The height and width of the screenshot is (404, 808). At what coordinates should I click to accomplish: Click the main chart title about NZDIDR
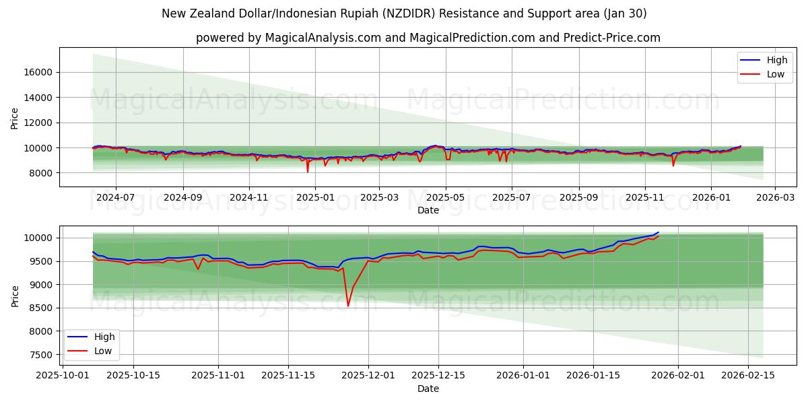click(404, 13)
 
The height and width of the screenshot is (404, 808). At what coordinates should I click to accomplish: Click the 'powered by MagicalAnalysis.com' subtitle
click(428, 38)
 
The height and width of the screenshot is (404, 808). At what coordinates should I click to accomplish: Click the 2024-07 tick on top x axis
click(115, 198)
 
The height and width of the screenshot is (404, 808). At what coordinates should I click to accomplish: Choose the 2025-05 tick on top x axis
click(445, 198)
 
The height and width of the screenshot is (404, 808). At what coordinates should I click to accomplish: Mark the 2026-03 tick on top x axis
click(775, 198)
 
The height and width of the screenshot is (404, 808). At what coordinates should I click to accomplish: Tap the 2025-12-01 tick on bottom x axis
click(368, 376)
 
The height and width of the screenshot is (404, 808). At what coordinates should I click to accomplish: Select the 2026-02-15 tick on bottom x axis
click(749, 376)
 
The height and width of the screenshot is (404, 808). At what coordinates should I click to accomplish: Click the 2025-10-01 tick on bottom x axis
click(63, 376)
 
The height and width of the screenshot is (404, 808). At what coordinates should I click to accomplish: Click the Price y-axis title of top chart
click(15, 117)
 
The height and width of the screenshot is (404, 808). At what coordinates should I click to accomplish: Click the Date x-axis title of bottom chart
click(428, 389)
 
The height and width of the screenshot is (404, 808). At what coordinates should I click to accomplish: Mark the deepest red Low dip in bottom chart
click(348, 306)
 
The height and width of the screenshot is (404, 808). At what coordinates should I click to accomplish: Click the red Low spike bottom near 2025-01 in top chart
click(308, 172)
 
